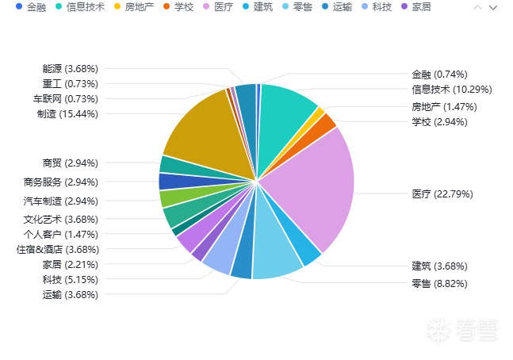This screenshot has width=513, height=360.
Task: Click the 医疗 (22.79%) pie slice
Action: [313, 190]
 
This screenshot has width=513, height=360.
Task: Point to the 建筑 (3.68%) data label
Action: [438, 266]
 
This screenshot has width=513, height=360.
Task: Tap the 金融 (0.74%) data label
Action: [439, 75]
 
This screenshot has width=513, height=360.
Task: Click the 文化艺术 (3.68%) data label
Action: [60, 219]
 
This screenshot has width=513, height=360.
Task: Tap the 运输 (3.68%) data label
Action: [70, 294]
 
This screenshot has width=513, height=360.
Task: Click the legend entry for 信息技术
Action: [80, 7]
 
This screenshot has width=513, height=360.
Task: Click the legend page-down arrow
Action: [494, 7]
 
